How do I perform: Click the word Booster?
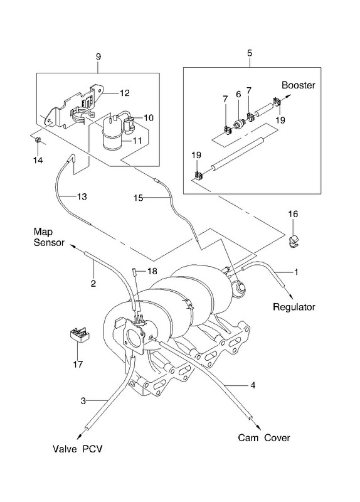coord(299,85)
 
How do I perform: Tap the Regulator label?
coord(294,307)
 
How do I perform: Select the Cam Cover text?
coord(263,437)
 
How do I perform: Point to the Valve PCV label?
coord(77,449)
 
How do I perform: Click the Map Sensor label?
coord(49,237)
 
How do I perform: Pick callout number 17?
coord(78,364)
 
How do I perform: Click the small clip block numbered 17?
coord(80,335)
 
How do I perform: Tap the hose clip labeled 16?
coord(293,241)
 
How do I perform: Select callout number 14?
coord(38,160)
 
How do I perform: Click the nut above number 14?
coord(37,139)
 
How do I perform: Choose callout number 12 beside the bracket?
coord(124,93)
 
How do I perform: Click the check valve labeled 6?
coord(240,123)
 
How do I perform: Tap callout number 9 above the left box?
coord(98,56)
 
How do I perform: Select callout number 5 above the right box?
coord(250,53)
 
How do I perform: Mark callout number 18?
coord(152,271)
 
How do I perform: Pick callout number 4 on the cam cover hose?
coord(253,385)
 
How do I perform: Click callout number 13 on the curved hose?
coord(82,196)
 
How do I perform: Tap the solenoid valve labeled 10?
coord(130,125)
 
